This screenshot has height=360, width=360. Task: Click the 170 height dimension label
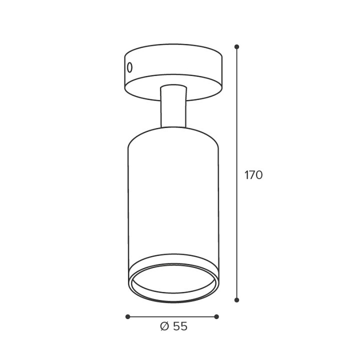point(253,175)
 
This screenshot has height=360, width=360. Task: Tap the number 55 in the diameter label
point(180,326)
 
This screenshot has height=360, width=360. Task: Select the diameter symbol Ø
point(164,326)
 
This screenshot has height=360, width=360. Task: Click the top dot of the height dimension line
point(237,47)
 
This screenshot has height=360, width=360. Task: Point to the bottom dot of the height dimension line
point(237,300)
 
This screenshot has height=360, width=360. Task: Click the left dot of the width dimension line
point(128,317)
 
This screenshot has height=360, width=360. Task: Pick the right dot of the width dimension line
point(216,317)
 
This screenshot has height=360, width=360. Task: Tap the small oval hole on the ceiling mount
point(130,67)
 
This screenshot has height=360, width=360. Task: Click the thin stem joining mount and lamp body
point(173,106)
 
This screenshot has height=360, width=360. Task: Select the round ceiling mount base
point(173,72)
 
